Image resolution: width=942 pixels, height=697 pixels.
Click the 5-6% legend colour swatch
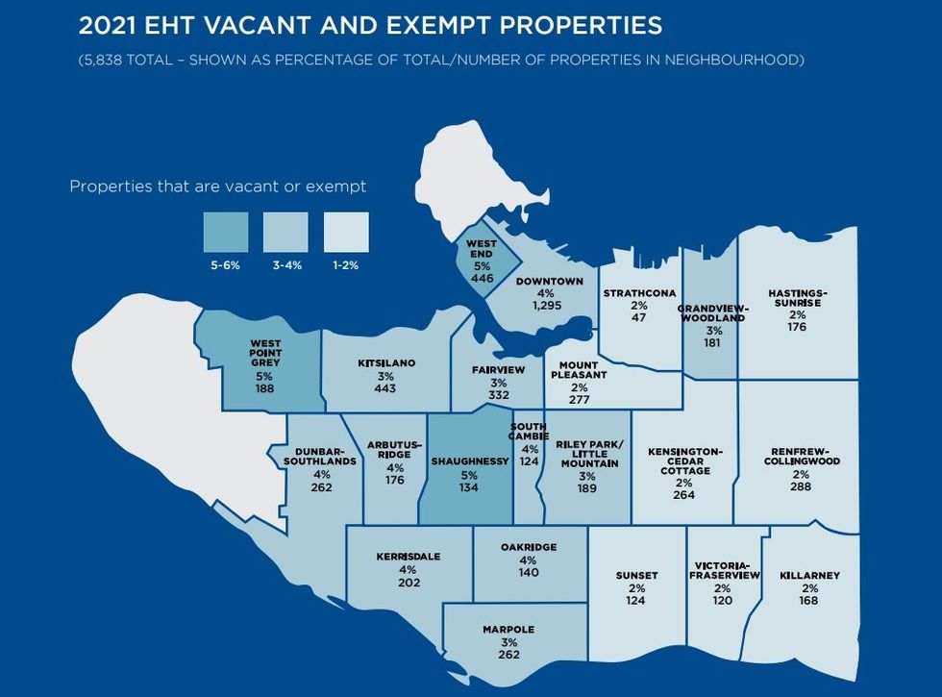pos(225,232)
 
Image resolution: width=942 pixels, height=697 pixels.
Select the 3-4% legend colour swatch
pos(285,232)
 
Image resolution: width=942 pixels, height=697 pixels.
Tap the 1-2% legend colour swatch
pos(345,232)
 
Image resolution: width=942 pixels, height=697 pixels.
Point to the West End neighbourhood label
pos(482,249)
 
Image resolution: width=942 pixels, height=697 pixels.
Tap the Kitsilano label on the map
pos(386,363)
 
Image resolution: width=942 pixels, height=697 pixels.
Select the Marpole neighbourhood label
pos(508,630)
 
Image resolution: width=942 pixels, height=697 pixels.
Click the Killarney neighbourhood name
pos(811,576)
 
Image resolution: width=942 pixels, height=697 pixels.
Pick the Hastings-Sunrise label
pos(798,298)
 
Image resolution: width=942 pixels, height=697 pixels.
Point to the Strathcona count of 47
pos(639,316)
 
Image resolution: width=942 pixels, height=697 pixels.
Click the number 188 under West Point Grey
pos(265,388)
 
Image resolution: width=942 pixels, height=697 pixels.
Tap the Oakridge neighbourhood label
pos(529,547)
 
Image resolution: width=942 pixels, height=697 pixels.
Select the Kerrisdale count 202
pos(409,582)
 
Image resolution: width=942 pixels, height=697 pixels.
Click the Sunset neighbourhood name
pos(636,576)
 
